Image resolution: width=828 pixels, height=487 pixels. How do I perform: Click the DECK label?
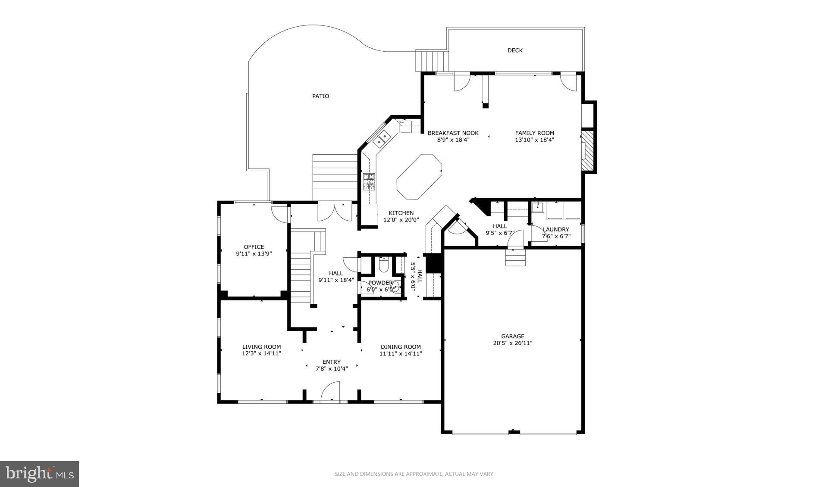514,50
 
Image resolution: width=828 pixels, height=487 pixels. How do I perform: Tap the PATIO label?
320,96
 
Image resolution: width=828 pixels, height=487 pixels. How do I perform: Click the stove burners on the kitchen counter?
369,181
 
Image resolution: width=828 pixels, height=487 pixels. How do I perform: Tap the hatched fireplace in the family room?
587,150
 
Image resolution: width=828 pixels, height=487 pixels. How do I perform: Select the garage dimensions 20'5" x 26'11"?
513,343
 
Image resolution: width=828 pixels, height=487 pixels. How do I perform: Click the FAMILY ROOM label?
534,133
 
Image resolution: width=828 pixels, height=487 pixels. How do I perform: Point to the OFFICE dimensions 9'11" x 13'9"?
254,254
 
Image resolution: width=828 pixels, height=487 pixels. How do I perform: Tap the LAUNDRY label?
556,229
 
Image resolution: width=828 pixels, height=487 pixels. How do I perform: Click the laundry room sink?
538,207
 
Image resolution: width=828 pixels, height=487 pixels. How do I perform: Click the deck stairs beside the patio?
432,61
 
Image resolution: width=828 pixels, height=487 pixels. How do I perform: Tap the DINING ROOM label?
401,347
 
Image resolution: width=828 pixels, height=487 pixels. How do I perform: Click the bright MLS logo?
40,474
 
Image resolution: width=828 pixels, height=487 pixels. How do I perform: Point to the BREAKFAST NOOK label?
453,133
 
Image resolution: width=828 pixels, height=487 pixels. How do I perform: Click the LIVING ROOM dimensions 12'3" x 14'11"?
261,353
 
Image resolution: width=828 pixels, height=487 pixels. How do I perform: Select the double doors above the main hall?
335,212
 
